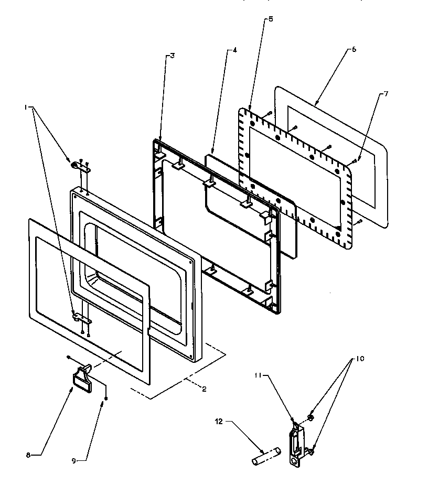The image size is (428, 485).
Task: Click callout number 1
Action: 25,107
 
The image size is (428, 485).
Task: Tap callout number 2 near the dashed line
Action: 204,389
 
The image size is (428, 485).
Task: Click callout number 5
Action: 270,19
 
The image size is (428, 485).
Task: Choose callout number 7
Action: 386,94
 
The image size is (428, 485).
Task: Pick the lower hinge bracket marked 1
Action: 80,317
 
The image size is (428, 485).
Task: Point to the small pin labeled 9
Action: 106,399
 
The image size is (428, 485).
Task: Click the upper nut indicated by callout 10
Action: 310,417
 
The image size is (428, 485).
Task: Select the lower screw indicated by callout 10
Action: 311,451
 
